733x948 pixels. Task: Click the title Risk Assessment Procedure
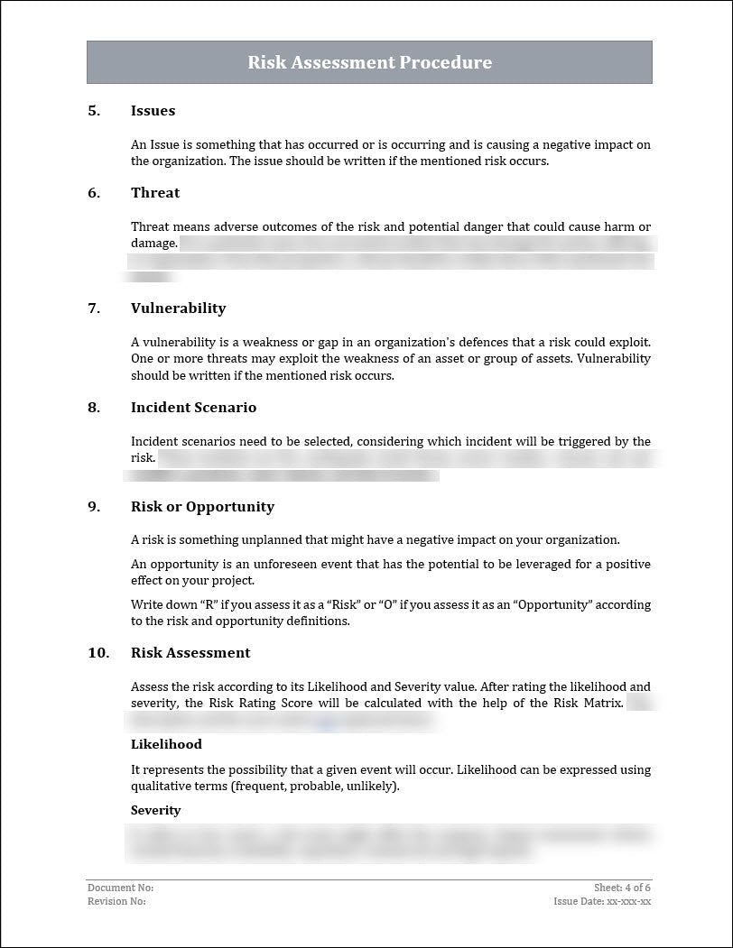[369, 62]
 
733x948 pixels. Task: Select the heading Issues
[153, 111]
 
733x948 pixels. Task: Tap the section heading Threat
[154, 193]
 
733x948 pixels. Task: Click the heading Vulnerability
[178, 308]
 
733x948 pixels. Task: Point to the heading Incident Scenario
[193, 408]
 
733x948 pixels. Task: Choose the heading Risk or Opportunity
[202, 507]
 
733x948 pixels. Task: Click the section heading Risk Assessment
[190, 653]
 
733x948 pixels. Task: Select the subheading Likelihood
[166, 745]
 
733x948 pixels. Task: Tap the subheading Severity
[155, 811]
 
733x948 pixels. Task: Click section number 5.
[94, 111]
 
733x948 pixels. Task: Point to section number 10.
[97, 653]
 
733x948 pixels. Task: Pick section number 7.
[94, 308]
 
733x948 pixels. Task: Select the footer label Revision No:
[116, 901]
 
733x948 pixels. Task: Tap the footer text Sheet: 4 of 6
[622, 888]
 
